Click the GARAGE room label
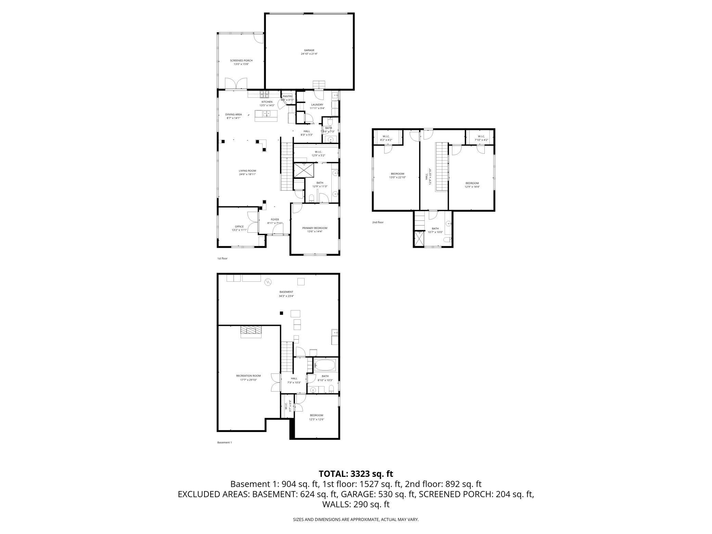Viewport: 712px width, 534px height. click(309, 50)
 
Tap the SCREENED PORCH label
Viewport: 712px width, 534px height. click(241, 61)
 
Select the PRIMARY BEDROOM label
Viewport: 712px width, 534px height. click(315, 228)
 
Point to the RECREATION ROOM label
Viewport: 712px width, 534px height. click(248, 376)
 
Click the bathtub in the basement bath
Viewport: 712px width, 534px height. click(325, 365)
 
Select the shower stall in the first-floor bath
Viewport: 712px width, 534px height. click(304, 170)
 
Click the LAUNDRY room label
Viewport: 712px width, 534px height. click(317, 105)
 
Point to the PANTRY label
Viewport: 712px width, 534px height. click(287, 97)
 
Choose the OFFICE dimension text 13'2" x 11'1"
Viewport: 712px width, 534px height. click(239, 230)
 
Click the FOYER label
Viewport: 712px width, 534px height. click(275, 219)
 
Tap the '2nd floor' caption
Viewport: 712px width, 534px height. click(378, 222)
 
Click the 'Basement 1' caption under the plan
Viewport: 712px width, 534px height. click(224, 442)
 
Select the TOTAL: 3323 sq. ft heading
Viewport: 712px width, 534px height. click(356, 474)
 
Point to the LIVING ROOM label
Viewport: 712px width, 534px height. click(247, 170)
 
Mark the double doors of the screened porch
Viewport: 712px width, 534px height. click(236, 83)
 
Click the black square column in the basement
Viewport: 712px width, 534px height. click(281, 313)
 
